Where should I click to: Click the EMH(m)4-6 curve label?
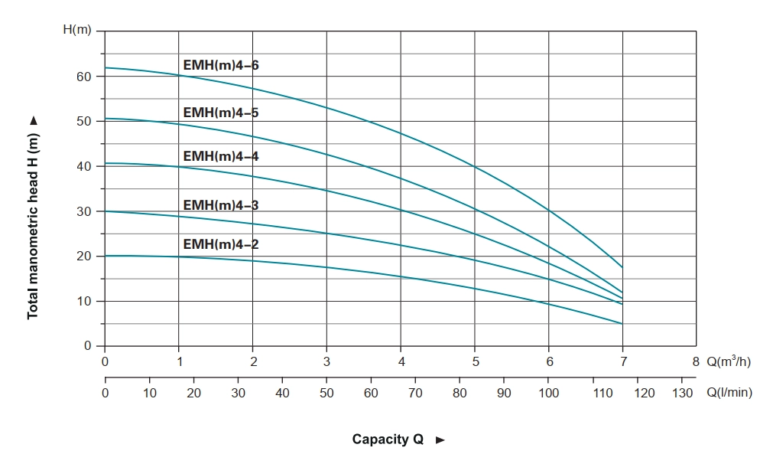pos(221,65)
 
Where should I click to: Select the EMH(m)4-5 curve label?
pos(221,113)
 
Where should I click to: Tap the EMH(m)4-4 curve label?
pos(221,156)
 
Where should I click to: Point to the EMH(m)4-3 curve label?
pos(221,205)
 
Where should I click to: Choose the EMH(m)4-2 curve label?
pos(221,244)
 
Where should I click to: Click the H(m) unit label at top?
pos(76,30)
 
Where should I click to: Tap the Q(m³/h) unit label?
pos(729,361)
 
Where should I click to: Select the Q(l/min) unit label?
pos(729,393)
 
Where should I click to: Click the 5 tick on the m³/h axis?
pos(475,361)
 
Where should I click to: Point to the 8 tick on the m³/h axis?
pos(696,361)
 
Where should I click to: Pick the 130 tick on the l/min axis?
pos(683,393)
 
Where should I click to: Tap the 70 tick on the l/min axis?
pos(415,393)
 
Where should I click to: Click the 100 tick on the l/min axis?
pos(548,393)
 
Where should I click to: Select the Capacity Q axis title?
pos(388,440)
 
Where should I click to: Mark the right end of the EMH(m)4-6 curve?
pos(623,267)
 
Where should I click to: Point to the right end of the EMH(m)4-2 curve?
pos(623,324)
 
